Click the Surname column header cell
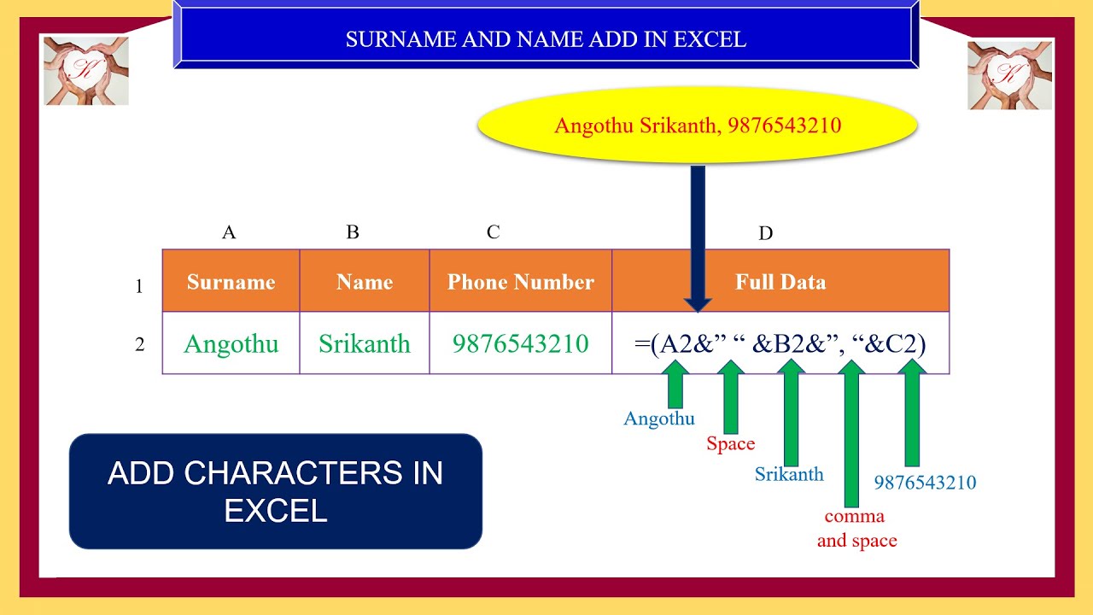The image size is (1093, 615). (x=231, y=282)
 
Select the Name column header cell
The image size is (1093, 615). (x=365, y=282)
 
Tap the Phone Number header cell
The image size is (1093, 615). (x=520, y=282)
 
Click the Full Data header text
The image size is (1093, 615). (x=780, y=282)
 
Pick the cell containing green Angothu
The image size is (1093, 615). (x=231, y=344)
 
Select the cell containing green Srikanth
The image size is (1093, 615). (x=365, y=344)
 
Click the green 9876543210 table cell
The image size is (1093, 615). (x=520, y=344)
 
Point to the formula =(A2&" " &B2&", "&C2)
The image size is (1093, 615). (x=780, y=344)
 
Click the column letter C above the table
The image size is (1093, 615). (x=493, y=232)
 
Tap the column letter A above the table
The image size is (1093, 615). (x=229, y=232)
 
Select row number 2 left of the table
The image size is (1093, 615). (x=140, y=345)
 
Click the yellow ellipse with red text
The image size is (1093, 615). (x=698, y=126)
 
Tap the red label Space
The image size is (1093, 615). (x=730, y=444)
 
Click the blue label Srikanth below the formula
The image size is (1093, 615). (x=789, y=475)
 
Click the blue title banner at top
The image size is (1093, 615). (x=546, y=38)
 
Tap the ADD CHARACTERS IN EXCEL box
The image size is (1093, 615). (x=275, y=491)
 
